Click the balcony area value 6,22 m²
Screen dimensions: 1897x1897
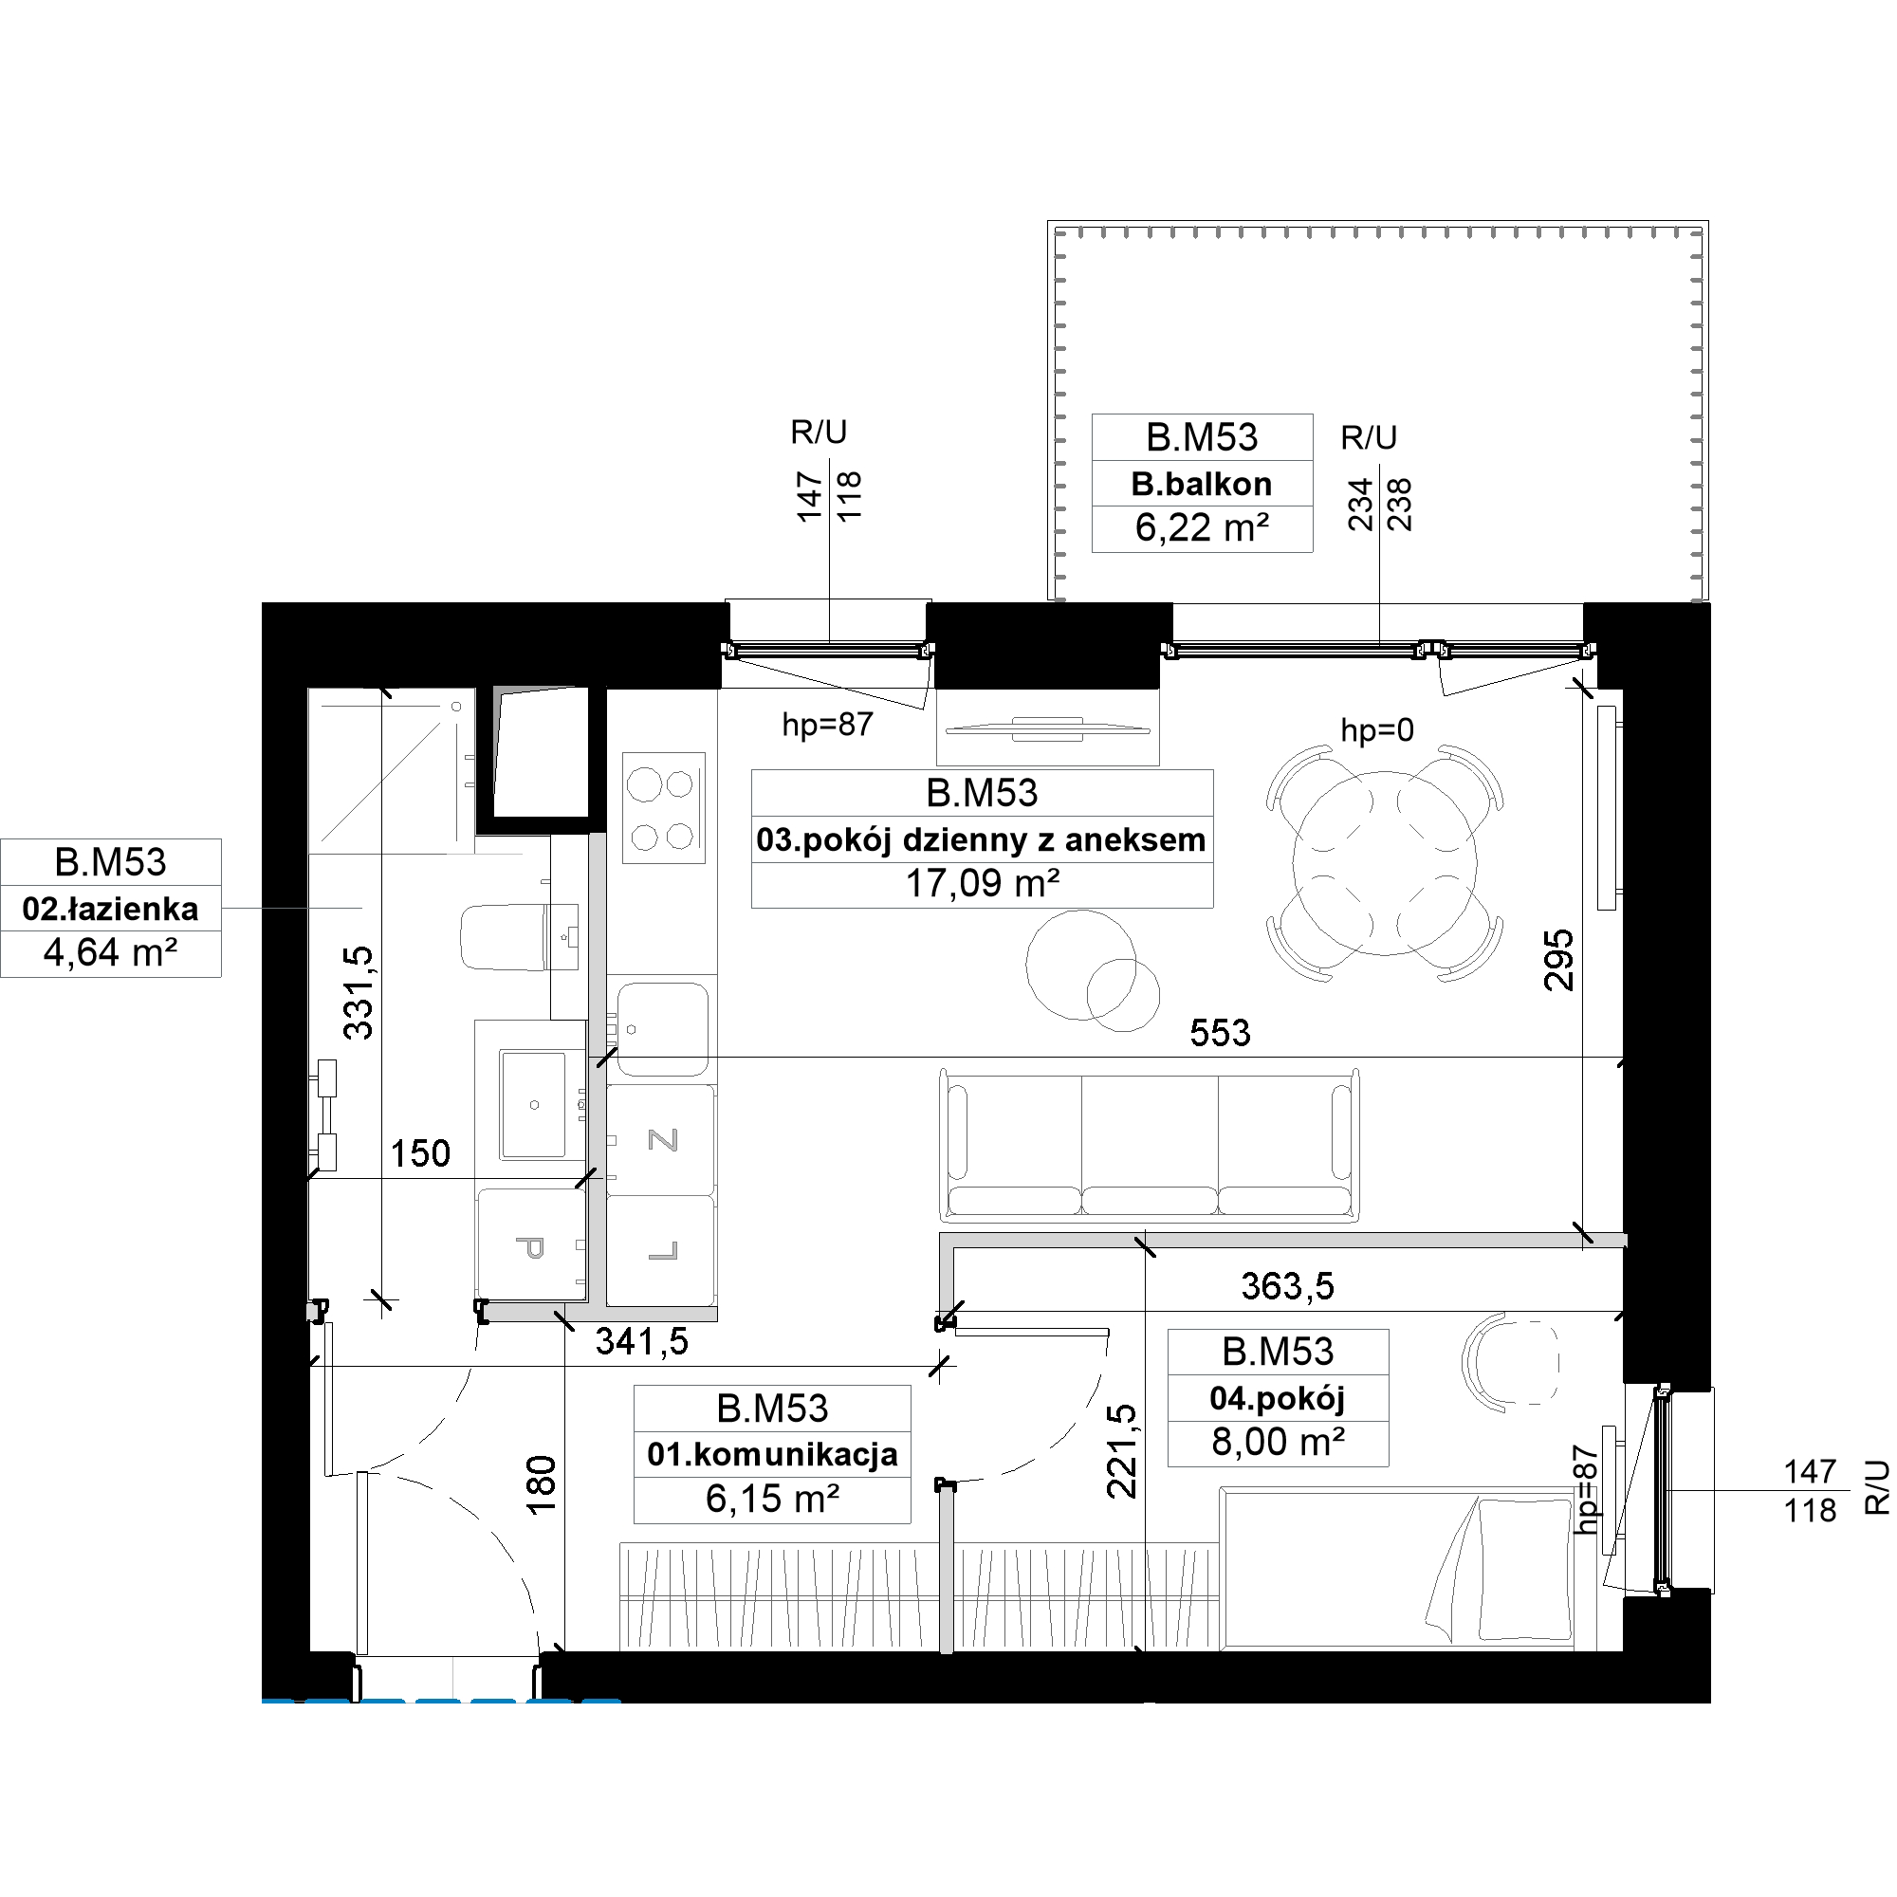(1202, 528)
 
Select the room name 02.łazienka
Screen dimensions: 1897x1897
(110, 910)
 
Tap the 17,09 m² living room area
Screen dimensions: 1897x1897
(982, 884)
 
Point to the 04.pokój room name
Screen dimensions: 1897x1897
(1278, 1398)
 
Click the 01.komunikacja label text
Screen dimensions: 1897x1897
(772, 1454)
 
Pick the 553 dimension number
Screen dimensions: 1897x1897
(1220, 1033)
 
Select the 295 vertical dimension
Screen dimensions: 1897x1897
(1558, 960)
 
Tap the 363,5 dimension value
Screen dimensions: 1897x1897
(1287, 1286)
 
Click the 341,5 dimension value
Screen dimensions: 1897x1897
(642, 1341)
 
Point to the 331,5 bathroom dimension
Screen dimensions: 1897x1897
(359, 993)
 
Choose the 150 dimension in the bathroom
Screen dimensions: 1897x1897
(420, 1153)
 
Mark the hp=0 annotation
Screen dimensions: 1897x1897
(1377, 729)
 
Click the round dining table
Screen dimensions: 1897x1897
(1385, 863)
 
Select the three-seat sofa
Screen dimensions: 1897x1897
(1150, 1145)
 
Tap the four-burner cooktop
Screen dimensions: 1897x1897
(664, 807)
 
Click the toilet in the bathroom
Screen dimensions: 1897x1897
(519, 938)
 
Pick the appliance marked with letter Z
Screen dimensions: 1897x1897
(661, 1140)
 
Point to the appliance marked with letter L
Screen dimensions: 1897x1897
(661, 1250)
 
